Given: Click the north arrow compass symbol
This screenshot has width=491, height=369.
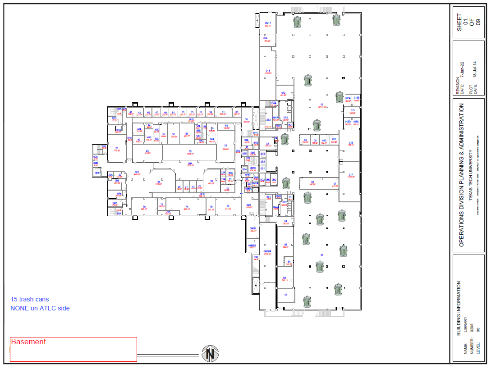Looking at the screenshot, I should tap(210, 353).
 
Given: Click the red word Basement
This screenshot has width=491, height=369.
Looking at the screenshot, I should tap(28, 342).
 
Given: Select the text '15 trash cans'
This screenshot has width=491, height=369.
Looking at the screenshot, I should tap(30, 299).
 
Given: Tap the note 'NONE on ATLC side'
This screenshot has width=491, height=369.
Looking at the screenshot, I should tap(40, 308).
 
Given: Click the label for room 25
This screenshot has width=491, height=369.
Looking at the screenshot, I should tap(190, 152).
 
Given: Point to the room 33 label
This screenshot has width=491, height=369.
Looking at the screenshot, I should tap(225, 146).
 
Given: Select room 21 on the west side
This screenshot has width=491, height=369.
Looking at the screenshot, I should tap(117, 148).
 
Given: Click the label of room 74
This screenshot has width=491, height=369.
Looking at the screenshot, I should tap(187, 207).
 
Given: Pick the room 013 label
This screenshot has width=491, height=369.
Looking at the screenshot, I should tap(268, 71).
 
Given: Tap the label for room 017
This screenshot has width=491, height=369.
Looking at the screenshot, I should tap(351, 175).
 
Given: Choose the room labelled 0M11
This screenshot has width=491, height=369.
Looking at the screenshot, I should tap(268, 23).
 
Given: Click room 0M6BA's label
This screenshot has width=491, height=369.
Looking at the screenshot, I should tap(267, 252).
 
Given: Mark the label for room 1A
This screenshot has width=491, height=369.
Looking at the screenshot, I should tap(285, 294).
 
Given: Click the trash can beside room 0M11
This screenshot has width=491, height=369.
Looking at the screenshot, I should tap(298, 22).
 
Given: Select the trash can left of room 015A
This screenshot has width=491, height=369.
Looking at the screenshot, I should tap(340, 97).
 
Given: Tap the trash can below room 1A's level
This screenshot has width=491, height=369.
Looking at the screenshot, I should tap(307, 301).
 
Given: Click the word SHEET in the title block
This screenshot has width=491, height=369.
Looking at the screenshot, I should tap(459, 22).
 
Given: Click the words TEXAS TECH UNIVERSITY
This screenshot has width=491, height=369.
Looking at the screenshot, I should tap(469, 176).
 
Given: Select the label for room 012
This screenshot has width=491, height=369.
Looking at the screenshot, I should tap(284, 93).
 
